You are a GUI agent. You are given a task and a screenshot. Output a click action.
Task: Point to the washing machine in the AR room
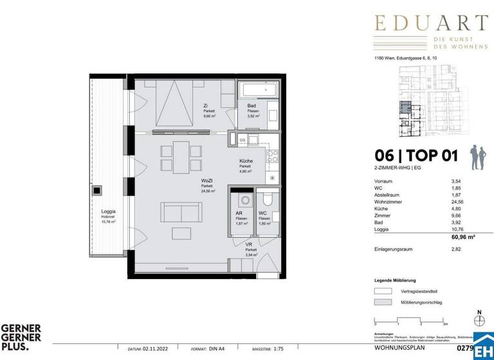241,199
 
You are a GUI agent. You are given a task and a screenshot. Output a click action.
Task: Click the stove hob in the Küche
273,155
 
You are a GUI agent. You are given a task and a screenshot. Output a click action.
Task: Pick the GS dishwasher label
242,139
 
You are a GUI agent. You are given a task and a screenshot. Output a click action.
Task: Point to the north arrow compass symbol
479,319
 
